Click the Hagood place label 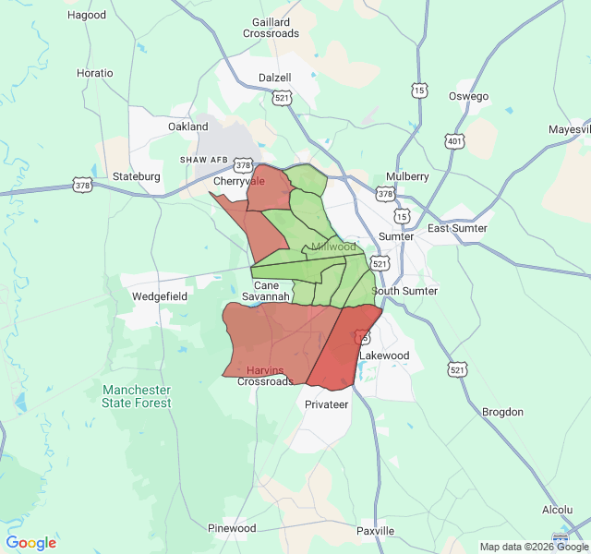(87, 15)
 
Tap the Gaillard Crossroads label (271, 27)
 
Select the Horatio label (95, 73)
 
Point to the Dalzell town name (275, 78)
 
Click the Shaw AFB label (203, 160)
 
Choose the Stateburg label (137, 176)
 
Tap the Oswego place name (468, 96)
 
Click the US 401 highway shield (454, 141)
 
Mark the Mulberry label (407, 176)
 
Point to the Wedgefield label (160, 296)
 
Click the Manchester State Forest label (137, 396)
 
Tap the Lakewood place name (384, 355)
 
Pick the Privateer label (327, 404)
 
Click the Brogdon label (503, 412)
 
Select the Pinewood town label (232, 528)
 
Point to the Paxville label (376, 531)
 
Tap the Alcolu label (558, 510)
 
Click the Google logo (31, 543)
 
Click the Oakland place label (188, 126)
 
